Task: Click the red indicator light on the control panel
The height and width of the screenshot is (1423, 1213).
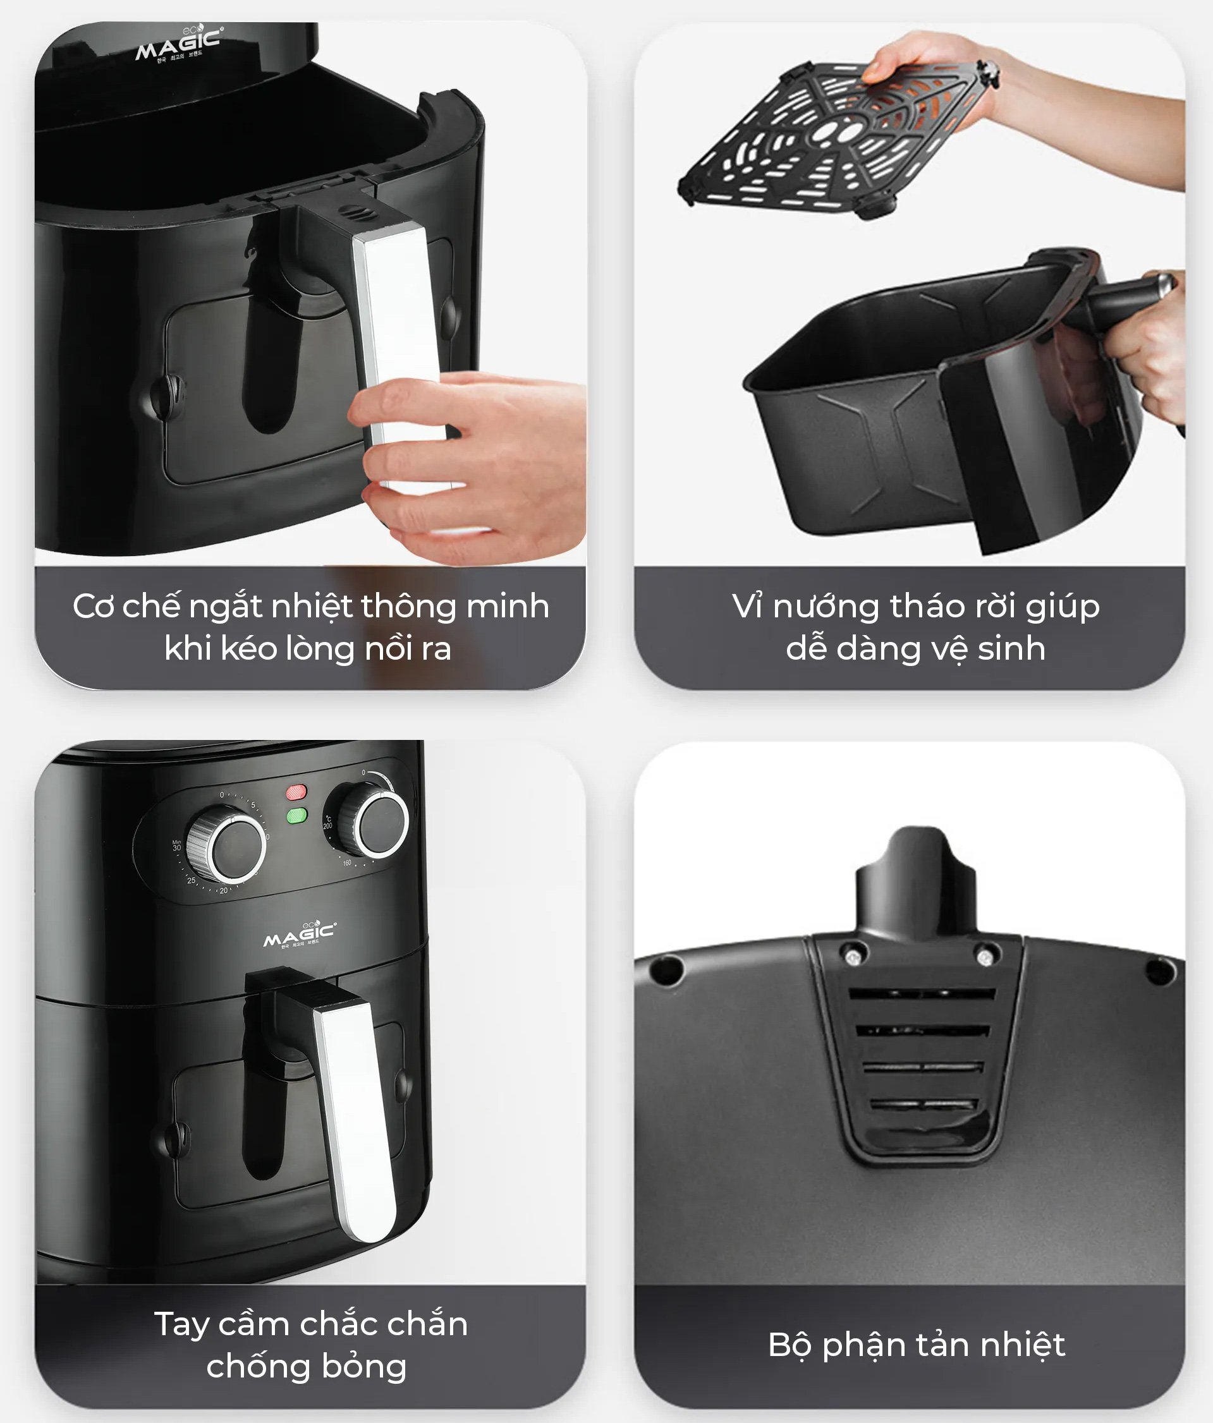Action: coord(296,792)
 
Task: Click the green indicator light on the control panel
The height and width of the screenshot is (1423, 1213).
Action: coord(296,816)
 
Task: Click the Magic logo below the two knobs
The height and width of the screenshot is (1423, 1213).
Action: coord(300,934)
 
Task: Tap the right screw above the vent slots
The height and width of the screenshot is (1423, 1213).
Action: coord(984,955)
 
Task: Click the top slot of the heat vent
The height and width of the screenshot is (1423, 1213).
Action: coord(920,993)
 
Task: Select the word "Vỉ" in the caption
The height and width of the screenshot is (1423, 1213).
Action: coord(747,607)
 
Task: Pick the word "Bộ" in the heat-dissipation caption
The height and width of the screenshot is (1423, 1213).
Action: coord(790,1345)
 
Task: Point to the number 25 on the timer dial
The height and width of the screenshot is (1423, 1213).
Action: coord(191,880)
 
